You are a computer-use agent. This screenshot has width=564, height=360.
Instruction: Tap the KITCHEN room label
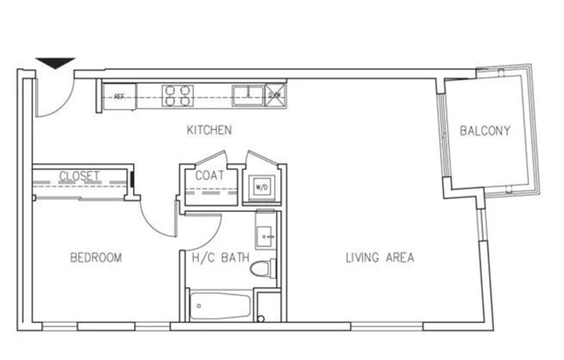(209, 131)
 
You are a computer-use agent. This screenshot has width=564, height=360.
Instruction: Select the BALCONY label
(484, 132)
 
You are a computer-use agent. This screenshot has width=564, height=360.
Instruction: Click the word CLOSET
(80, 177)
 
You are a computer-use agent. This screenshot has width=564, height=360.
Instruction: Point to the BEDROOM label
(95, 258)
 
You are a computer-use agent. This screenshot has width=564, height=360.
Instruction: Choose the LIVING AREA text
(380, 258)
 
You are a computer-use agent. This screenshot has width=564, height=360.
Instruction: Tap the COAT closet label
(209, 175)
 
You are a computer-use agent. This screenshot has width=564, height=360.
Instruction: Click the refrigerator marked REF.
(119, 96)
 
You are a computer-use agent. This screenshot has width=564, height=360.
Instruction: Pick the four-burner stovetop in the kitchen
(177, 94)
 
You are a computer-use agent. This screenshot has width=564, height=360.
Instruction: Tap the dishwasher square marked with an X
(273, 94)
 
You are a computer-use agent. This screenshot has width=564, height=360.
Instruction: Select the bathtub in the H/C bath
(221, 305)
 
